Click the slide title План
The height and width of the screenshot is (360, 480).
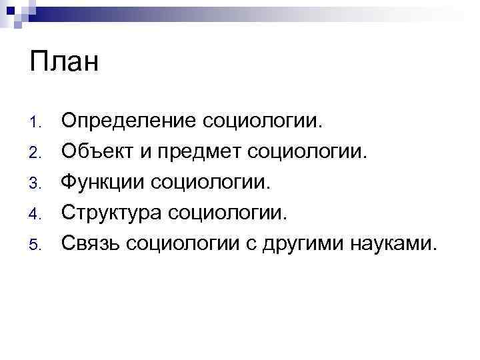point(64,63)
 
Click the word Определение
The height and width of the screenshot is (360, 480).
point(129,121)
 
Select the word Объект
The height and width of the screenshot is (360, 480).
point(97,151)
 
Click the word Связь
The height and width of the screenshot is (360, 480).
point(90,243)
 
